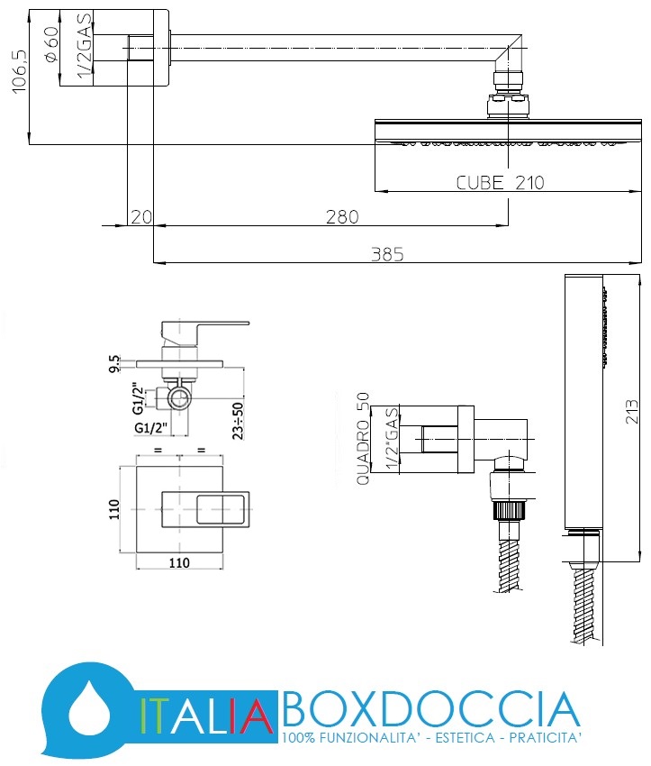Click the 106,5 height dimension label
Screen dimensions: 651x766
click(19, 71)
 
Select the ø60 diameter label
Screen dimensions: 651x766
click(51, 44)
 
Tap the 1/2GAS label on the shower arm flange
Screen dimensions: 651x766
click(85, 46)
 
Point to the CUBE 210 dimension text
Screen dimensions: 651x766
click(501, 183)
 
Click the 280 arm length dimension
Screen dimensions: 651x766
click(342, 217)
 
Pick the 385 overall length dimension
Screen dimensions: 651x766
click(387, 254)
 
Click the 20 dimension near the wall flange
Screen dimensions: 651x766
click(141, 217)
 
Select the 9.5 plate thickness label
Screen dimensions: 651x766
click(114, 364)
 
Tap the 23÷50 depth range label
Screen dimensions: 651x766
click(238, 421)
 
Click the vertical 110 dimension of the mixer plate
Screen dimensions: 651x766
click(113, 509)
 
